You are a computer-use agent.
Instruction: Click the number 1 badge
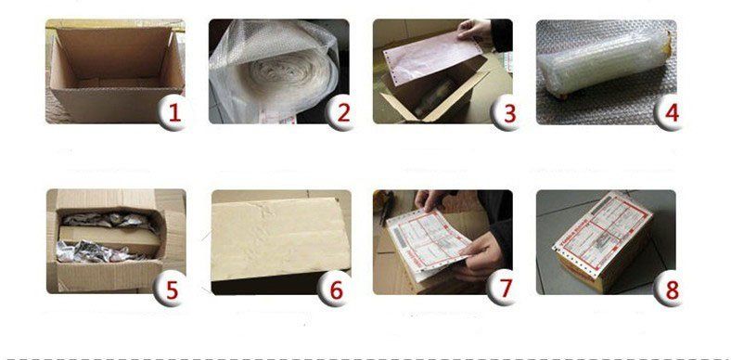(x=172, y=114)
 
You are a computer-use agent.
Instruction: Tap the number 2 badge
(x=342, y=114)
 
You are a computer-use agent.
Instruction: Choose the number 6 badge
(x=337, y=289)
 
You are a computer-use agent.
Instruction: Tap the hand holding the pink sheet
(x=476, y=32)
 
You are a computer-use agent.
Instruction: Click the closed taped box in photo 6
(x=275, y=241)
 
